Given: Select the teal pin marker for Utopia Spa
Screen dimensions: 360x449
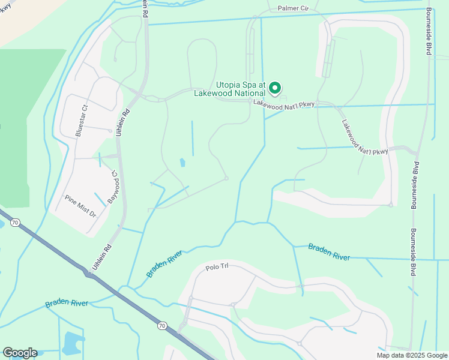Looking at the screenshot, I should tap(275, 88).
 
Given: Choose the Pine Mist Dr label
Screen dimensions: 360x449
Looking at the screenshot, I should tap(80, 205).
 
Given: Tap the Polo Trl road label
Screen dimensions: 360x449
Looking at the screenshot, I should tap(217, 268).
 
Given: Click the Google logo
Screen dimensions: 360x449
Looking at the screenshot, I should tap(20, 353).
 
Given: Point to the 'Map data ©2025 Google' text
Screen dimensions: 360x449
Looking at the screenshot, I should tap(411, 355).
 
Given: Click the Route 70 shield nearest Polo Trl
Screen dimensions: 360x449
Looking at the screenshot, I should tap(162, 325).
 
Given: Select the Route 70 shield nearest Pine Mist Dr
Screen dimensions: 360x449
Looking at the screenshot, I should tap(15, 222).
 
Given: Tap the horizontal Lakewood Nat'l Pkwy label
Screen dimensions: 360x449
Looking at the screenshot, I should tap(284, 104).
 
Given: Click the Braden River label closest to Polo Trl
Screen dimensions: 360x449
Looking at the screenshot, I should tap(164, 264).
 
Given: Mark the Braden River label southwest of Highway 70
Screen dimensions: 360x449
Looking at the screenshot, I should tap(67, 303).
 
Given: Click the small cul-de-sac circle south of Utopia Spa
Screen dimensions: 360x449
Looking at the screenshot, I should tap(226, 178).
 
